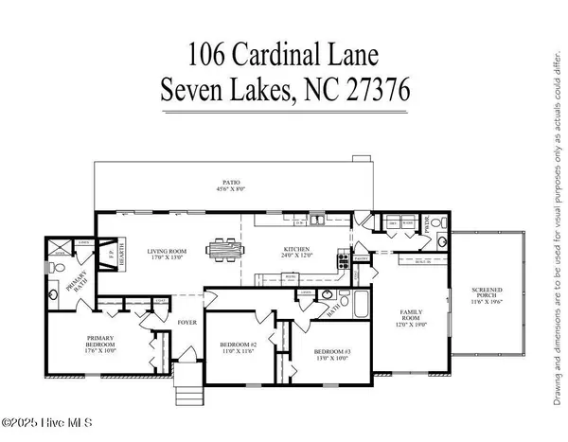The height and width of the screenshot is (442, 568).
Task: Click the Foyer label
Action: click(x=186, y=324)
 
